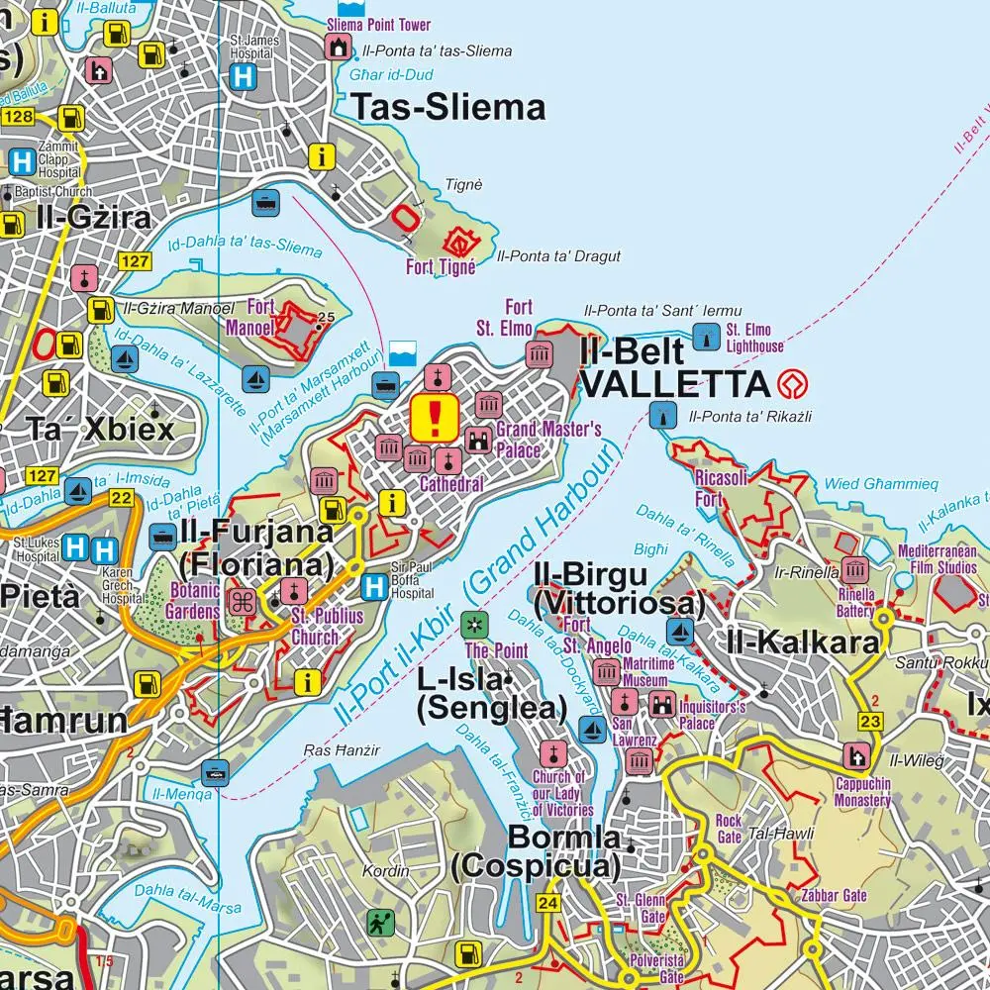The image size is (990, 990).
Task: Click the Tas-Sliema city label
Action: [448, 107]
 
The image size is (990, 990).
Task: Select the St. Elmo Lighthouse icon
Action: [705, 337]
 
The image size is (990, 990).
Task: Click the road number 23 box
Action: [870, 723]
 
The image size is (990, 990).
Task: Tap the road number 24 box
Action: [547, 903]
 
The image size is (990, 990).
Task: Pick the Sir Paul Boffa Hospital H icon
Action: [374, 586]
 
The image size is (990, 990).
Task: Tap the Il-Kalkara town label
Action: [802, 643]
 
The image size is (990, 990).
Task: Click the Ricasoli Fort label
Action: [723, 489]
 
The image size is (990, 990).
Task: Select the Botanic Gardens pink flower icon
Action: [242, 600]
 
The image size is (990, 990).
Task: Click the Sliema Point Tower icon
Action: [340, 46]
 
